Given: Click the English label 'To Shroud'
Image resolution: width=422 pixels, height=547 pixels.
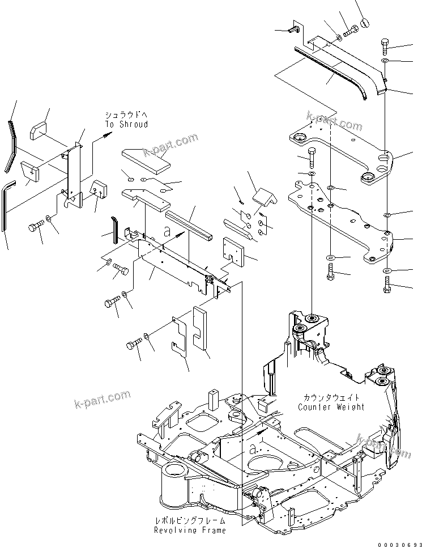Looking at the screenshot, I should click(126, 124).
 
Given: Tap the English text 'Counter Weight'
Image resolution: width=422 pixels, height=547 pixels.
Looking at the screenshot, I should click(331, 407).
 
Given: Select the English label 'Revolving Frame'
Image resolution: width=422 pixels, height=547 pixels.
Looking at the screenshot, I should click(190, 530).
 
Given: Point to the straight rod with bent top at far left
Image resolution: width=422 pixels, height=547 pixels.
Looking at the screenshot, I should click(6, 204).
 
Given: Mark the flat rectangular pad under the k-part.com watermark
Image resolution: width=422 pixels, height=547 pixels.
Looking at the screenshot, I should click(146, 158).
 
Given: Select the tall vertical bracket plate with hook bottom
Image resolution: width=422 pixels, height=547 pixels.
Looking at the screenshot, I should click(74, 173).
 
